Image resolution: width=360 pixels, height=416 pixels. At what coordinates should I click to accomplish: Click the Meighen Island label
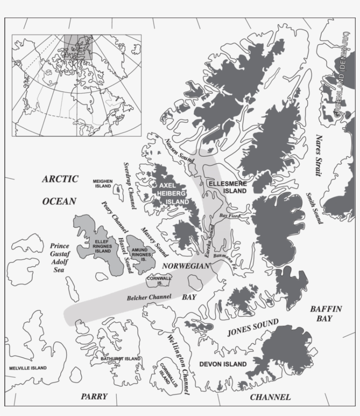point(102,183)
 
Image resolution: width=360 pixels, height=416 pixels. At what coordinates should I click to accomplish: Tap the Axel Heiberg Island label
point(173,194)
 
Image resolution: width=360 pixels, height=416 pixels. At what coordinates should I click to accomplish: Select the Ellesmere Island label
point(227,187)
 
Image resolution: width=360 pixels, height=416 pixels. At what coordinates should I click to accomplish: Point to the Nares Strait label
point(318,155)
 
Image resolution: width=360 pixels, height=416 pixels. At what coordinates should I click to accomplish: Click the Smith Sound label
point(314,208)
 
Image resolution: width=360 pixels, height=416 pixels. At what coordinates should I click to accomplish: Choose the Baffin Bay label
point(325,313)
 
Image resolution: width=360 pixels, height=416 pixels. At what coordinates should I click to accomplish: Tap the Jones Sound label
point(252,327)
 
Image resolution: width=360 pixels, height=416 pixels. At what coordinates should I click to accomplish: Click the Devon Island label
point(223,364)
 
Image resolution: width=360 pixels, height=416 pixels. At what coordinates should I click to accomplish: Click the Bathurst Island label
point(120,359)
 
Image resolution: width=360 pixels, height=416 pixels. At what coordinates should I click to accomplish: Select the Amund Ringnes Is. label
point(142,251)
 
